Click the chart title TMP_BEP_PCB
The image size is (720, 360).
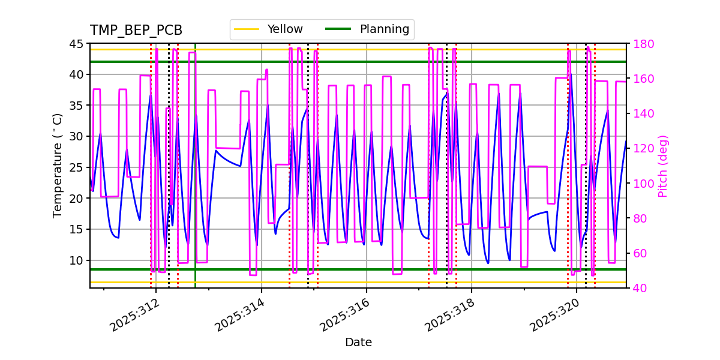tap(136, 31)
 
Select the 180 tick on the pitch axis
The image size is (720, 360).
tap(642, 44)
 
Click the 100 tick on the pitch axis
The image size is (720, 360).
tap(642, 184)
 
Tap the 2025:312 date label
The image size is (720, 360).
tap(134, 315)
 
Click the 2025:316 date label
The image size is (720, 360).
tap(345, 315)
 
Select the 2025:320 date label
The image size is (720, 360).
tap(556, 315)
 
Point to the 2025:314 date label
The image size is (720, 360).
tap(240, 315)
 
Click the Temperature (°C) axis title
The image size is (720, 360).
tap(58, 165)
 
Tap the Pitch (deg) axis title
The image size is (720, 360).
tap(663, 166)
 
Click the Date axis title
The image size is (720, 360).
tap(358, 343)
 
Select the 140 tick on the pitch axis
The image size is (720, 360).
tap(642, 114)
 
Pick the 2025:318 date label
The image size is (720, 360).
tap(451, 315)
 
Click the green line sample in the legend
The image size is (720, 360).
tap(338, 29)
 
